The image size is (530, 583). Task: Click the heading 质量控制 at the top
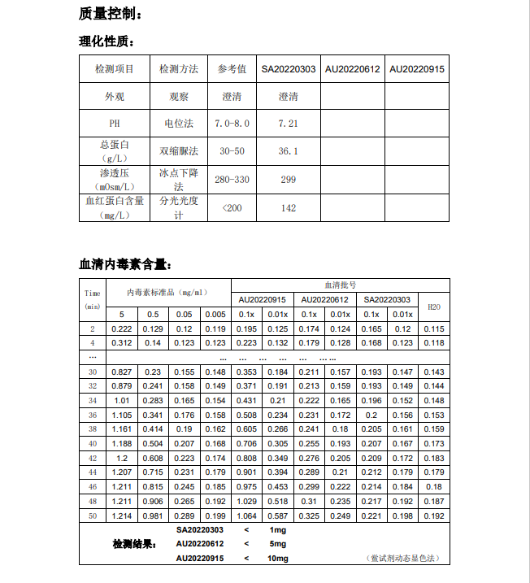[x=111, y=14]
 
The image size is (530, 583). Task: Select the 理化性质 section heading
[x=106, y=41]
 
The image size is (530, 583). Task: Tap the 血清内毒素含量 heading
[x=125, y=264]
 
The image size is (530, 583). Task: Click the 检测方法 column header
[x=178, y=69]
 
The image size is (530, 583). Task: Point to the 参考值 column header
[x=232, y=69]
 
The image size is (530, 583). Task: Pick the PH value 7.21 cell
[x=288, y=124]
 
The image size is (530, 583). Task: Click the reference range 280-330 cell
[x=232, y=179]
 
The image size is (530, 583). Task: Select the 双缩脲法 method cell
[x=178, y=151]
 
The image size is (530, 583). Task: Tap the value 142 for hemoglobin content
[x=288, y=208]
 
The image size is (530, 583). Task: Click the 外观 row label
[x=115, y=97]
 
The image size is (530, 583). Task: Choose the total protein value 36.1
[x=288, y=151]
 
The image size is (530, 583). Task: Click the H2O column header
[x=434, y=307]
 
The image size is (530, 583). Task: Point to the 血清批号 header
[x=340, y=285]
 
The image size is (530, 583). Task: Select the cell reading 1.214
[x=121, y=516]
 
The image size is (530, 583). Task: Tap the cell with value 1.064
[x=246, y=516]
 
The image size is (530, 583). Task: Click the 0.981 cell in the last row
[x=152, y=516]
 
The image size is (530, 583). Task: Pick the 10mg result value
[x=276, y=559]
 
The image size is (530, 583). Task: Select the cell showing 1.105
[x=121, y=415]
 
